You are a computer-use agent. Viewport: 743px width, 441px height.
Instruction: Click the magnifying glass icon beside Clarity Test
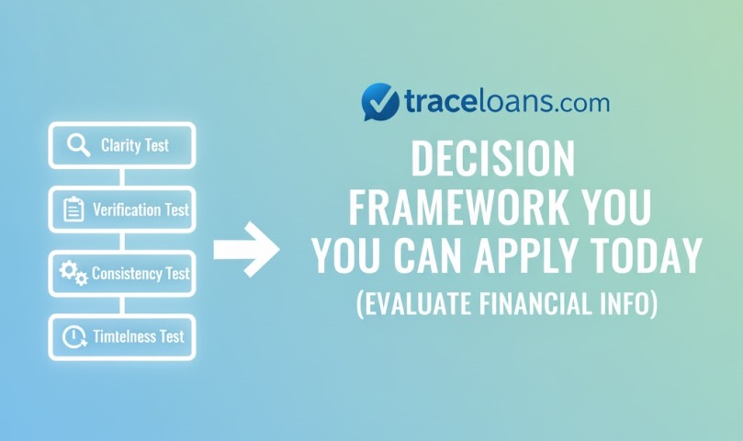(79, 146)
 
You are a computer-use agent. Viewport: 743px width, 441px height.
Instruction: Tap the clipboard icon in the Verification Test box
(73, 209)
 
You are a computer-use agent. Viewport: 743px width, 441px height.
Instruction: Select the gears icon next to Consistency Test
(73, 273)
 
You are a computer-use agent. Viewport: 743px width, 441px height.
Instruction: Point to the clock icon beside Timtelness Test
(73, 336)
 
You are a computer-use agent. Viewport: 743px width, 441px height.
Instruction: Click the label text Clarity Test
(135, 146)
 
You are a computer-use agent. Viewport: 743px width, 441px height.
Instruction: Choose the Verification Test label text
(141, 209)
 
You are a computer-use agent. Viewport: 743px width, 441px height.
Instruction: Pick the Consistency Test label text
(141, 273)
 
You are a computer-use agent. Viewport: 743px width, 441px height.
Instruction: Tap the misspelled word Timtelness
(125, 336)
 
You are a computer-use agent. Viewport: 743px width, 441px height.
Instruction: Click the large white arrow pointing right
(246, 249)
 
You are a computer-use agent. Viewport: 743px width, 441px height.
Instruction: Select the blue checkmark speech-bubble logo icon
(379, 102)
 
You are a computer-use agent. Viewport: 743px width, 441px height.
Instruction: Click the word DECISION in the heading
(492, 160)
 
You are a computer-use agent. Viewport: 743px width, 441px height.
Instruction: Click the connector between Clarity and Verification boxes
(121, 177)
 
